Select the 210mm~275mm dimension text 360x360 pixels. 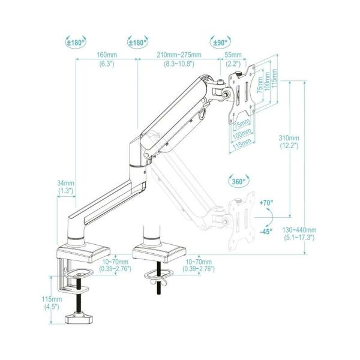[179, 55]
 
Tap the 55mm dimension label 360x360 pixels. [233, 55]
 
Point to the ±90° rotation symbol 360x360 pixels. [220, 42]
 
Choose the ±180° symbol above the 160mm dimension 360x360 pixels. [76, 42]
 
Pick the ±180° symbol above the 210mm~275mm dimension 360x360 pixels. [137, 42]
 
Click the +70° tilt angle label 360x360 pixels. [266, 203]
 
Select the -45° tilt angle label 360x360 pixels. [266, 232]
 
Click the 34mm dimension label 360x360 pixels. [66, 183]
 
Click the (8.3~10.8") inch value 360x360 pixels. [179, 63]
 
